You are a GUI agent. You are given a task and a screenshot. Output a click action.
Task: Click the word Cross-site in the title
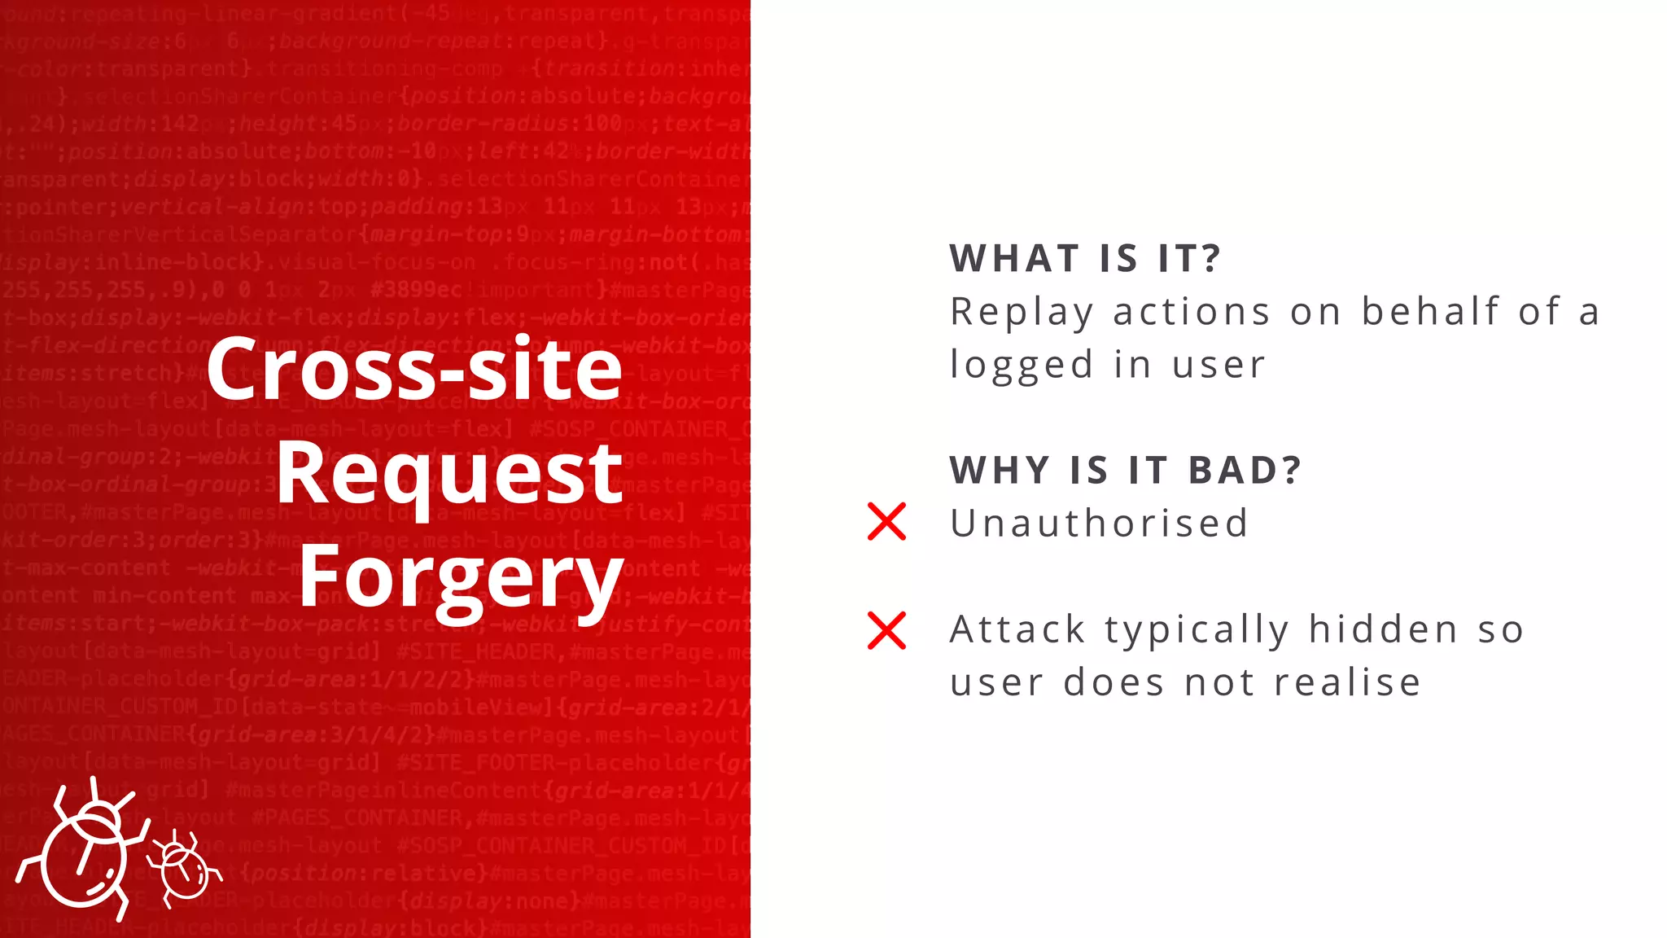point(414,369)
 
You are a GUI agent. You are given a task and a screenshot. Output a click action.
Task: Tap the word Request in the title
point(449,473)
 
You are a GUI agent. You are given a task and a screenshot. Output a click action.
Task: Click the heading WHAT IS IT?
point(1085,259)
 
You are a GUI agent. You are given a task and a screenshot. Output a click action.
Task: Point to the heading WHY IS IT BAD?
point(1126,471)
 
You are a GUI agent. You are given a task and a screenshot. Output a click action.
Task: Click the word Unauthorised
point(1099,524)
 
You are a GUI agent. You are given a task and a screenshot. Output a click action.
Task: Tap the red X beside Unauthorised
point(886,522)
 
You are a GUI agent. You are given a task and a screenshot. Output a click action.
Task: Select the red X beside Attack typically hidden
point(886,631)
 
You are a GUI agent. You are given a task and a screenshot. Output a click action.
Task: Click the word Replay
point(1022,313)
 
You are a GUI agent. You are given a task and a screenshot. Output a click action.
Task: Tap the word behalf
point(1430,312)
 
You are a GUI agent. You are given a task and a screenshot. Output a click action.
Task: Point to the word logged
point(1022,366)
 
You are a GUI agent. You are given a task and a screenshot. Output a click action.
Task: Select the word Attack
point(1017,629)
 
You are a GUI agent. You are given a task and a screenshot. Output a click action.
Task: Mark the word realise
point(1347,682)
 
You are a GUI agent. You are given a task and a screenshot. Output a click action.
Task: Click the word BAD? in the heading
point(1245,471)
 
